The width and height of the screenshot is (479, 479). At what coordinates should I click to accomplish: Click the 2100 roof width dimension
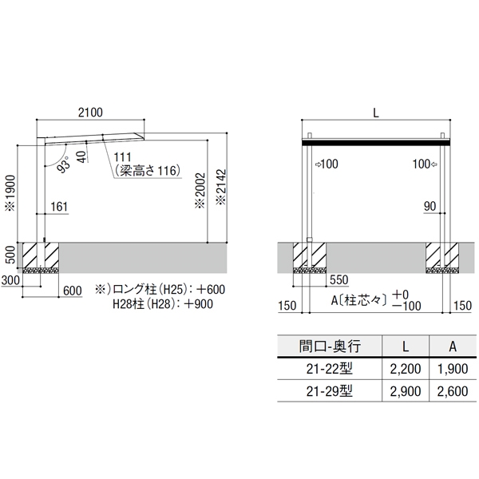(x=90, y=113)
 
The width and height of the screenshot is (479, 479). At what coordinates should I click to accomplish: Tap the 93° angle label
(x=64, y=164)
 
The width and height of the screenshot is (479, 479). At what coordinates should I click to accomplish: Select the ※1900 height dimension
(x=11, y=193)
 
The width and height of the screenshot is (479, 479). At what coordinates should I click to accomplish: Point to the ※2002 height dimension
(x=200, y=191)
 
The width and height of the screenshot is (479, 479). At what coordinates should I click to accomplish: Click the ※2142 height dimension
(x=221, y=187)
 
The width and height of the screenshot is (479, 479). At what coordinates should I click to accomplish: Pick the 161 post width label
(x=59, y=207)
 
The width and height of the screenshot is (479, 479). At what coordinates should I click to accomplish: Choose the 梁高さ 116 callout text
(x=148, y=171)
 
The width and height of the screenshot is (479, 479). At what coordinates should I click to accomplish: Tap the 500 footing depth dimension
(x=10, y=255)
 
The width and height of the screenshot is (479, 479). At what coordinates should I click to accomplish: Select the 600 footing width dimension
(x=73, y=291)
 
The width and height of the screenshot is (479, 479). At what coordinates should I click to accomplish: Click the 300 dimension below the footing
(x=10, y=280)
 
